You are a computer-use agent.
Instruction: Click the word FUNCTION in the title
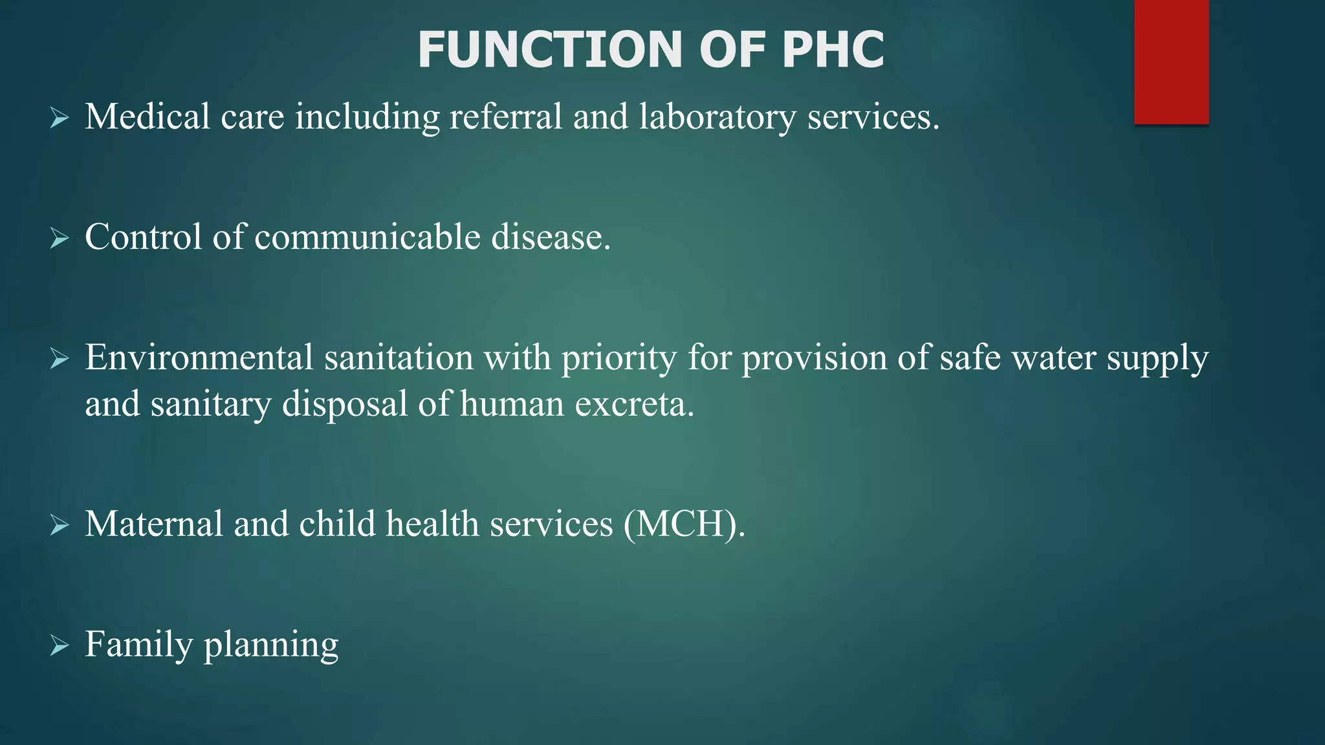[549, 50]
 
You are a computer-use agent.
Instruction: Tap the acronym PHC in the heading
[833, 50]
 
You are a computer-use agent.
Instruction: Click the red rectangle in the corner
[1171, 61]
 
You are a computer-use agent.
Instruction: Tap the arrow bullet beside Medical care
[60, 118]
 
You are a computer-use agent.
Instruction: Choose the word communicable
[367, 237]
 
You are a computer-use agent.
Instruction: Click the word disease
[551, 237]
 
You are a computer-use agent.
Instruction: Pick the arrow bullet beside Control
[60, 239]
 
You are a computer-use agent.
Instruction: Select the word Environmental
[199, 358]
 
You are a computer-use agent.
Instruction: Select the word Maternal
[154, 524]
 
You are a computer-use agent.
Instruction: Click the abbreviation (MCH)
[684, 524]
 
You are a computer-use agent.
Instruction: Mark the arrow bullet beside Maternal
[60, 525]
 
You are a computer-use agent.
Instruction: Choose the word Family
[139, 645]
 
